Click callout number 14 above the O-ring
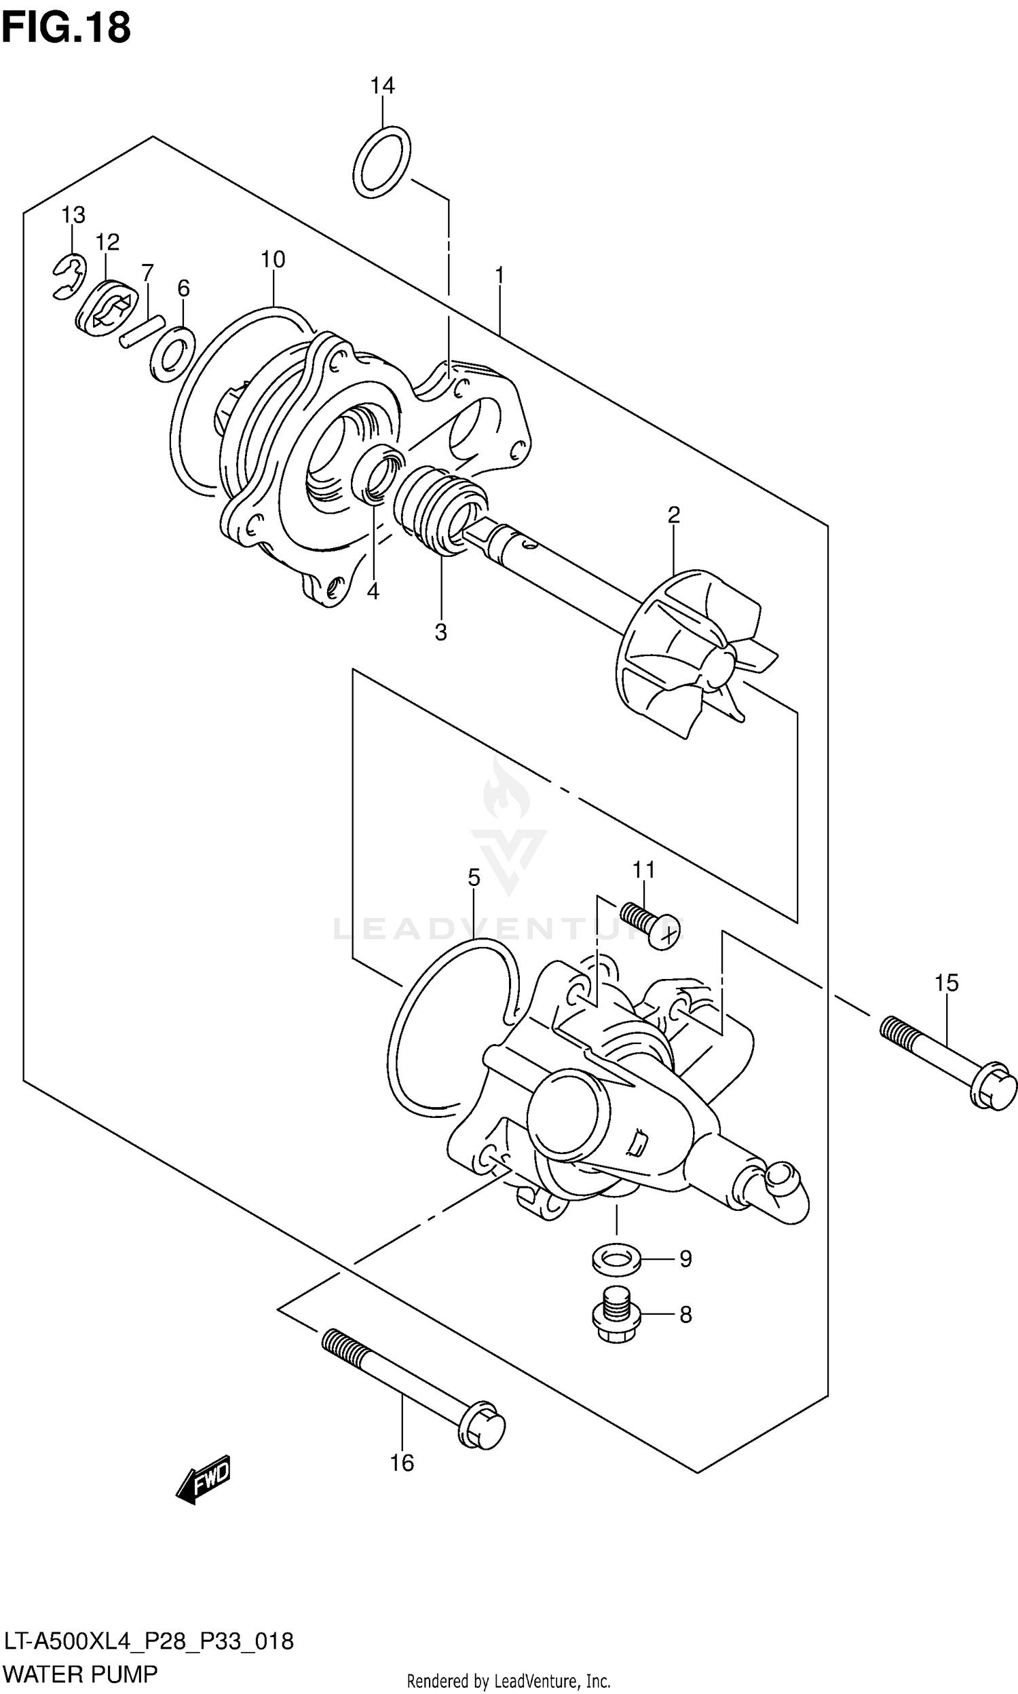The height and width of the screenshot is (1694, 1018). tap(382, 86)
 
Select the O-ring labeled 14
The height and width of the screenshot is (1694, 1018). tap(382, 161)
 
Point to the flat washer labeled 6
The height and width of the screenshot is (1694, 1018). tap(172, 353)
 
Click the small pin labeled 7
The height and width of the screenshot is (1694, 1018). tap(142, 330)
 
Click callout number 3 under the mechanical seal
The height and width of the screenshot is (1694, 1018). tap(440, 632)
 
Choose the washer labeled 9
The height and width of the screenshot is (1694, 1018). tap(616, 1258)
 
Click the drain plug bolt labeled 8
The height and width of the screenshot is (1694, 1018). tap(616, 1315)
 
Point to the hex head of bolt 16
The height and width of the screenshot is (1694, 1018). tap(483, 1429)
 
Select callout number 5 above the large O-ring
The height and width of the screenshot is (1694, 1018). tap(473, 877)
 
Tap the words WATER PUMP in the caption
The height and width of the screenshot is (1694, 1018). tap(80, 1674)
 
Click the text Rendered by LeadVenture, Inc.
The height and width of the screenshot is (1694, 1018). tap(508, 1681)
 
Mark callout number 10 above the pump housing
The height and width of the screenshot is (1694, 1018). tap(272, 260)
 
